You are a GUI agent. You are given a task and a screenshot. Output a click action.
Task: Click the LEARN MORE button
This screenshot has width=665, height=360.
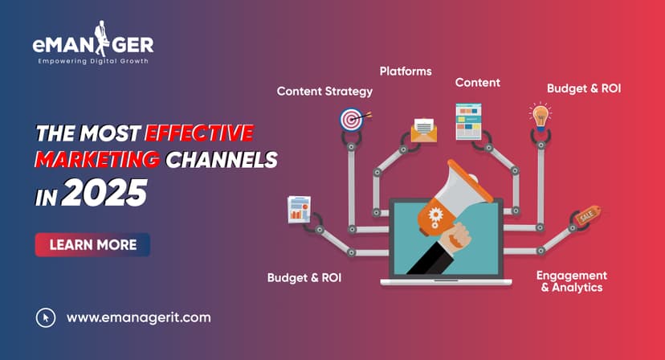(92, 244)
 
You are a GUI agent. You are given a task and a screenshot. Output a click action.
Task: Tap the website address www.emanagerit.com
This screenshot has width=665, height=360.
(138, 317)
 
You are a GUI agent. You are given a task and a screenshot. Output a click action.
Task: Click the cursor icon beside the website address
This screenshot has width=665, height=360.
(46, 317)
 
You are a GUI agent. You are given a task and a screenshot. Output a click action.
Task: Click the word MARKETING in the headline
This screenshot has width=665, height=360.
(96, 160)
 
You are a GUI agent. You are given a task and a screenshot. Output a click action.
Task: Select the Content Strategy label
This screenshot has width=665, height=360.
(324, 91)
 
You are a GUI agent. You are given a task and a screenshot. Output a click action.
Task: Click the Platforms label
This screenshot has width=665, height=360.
(406, 71)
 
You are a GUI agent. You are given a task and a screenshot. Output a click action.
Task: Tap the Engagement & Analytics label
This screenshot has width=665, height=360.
(572, 281)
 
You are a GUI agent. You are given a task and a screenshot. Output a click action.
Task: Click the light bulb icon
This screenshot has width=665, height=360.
(540, 114)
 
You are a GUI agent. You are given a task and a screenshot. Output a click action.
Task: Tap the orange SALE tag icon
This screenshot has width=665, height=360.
(585, 216)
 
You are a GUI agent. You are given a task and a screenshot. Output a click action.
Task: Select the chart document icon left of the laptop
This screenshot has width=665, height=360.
(300, 210)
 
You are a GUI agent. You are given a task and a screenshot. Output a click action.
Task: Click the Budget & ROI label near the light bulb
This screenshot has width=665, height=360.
(584, 88)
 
